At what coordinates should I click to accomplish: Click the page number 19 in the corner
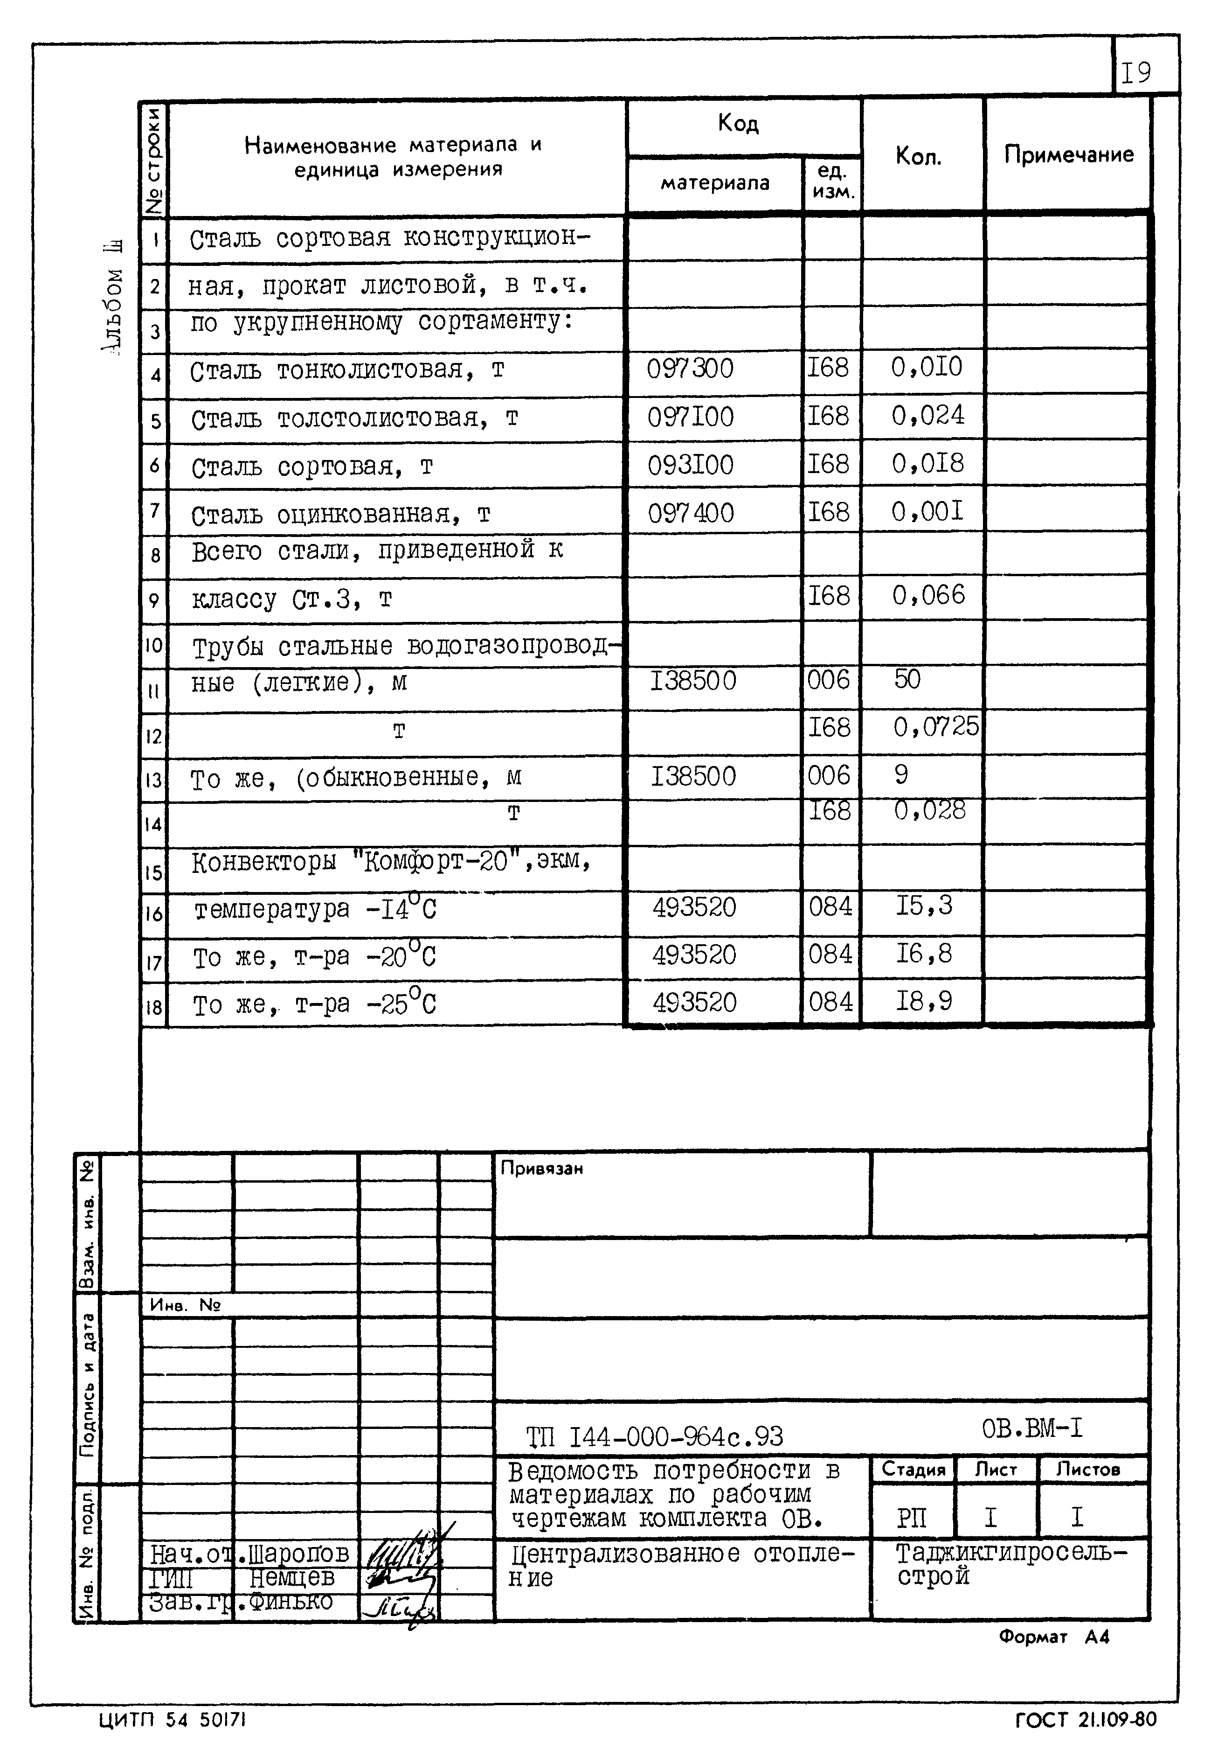click(x=1136, y=73)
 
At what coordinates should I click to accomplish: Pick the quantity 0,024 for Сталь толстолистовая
click(x=927, y=415)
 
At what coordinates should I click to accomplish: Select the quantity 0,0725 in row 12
click(x=935, y=727)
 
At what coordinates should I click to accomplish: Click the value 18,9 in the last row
click(x=923, y=1001)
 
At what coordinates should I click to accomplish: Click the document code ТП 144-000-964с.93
click(x=654, y=1436)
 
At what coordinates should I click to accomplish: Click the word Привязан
click(x=541, y=1169)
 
